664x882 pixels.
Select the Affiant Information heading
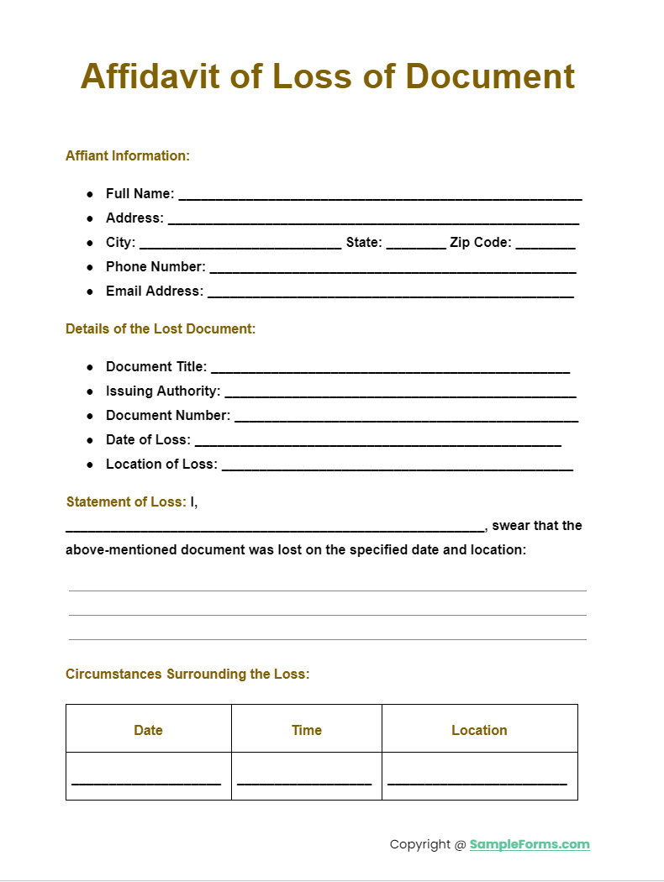pyautogui.click(x=128, y=155)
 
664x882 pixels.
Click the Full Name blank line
pyautogui.click(x=380, y=196)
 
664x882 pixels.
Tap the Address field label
pyautogui.click(x=134, y=218)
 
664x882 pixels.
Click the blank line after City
pyautogui.click(x=240, y=244)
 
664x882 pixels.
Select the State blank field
pyautogui.click(x=417, y=244)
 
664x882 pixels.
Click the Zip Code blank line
pyautogui.click(x=545, y=244)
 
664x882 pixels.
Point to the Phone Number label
pyautogui.click(x=155, y=266)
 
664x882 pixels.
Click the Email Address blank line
pyautogui.click(x=390, y=293)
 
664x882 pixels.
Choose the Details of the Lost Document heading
pyautogui.click(x=161, y=328)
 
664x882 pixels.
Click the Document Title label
pyautogui.click(x=156, y=366)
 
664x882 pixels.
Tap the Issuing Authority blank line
pyautogui.click(x=400, y=393)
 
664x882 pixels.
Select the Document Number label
pyautogui.click(x=168, y=415)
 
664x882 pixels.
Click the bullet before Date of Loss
pyautogui.click(x=90, y=440)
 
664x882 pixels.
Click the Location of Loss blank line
pyautogui.click(x=397, y=466)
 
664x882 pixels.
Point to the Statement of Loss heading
pyautogui.click(x=126, y=501)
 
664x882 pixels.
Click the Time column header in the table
pyautogui.click(x=307, y=730)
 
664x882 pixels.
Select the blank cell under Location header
pyautogui.click(x=479, y=777)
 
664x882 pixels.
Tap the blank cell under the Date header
pyautogui.click(x=148, y=777)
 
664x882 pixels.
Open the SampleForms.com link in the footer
pyautogui.click(x=530, y=844)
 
